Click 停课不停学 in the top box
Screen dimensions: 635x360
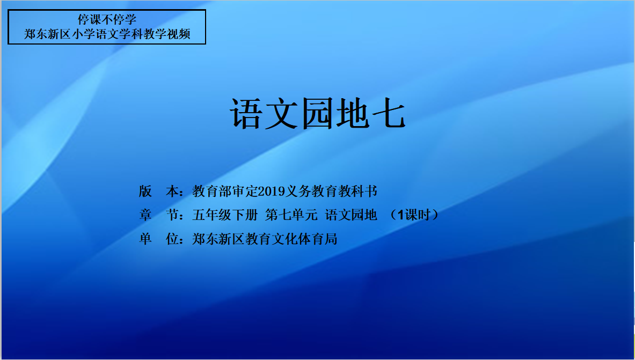click(x=107, y=19)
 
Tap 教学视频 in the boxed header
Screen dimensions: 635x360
click(x=166, y=34)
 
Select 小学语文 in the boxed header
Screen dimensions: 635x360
click(x=96, y=34)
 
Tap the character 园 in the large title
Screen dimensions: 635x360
click(x=318, y=113)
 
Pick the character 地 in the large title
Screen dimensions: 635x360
click(x=353, y=113)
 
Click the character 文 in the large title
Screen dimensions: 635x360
click(x=282, y=113)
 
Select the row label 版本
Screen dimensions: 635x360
click(x=159, y=191)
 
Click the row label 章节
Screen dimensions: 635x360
click(x=159, y=215)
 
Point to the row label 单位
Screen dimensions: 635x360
click(x=159, y=239)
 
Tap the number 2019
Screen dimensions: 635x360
click(x=271, y=191)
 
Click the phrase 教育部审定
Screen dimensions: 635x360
click(x=225, y=191)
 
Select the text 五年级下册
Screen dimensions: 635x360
click(x=225, y=215)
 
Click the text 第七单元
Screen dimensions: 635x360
click(x=291, y=215)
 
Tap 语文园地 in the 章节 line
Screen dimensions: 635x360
click(x=351, y=215)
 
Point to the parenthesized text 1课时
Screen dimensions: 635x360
click(x=413, y=215)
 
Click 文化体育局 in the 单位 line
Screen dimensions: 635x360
click(x=304, y=239)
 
